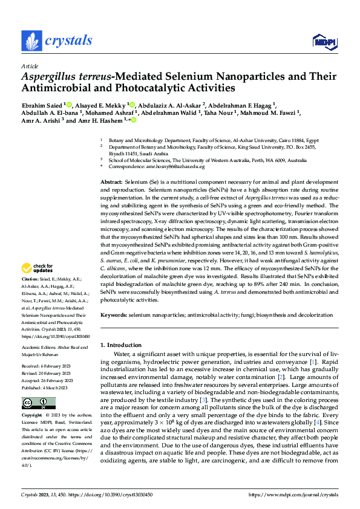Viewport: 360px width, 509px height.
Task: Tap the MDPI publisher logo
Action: (324, 41)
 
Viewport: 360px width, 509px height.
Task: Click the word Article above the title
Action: (30, 66)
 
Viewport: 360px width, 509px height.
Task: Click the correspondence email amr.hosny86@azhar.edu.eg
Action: (177, 166)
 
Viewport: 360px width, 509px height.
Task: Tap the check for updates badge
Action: (38, 268)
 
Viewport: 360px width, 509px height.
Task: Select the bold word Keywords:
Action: (114, 315)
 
